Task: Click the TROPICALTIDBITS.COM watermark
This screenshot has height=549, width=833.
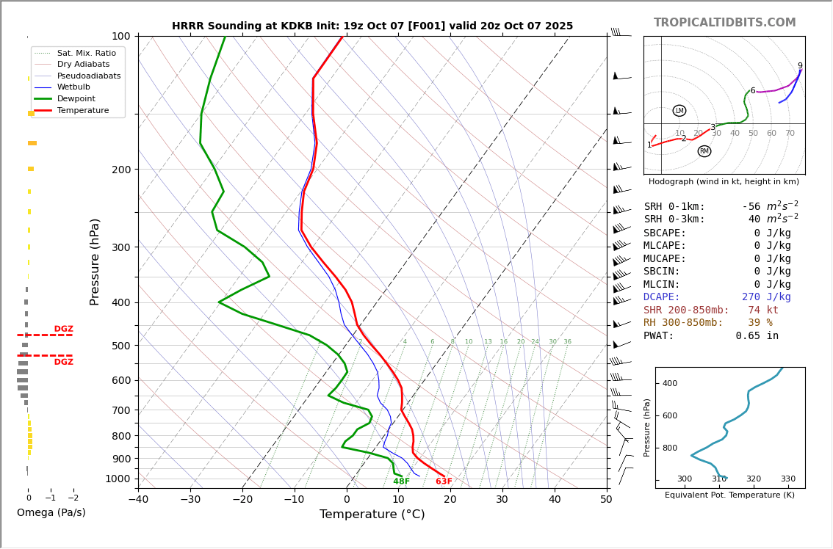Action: click(x=724, y=23)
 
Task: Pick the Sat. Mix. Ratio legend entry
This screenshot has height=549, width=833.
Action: click(x=86, y=53)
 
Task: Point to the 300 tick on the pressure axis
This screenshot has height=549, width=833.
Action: click(x=120, y=247)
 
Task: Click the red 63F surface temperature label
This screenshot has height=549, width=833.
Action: click(x=444, y=481)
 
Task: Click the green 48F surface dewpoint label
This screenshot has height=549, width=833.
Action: click(x=401, y=481)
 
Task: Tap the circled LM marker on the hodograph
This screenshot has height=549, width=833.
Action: click(x=679, y=111)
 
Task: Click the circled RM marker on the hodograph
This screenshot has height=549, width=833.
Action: click(x=704, y=151)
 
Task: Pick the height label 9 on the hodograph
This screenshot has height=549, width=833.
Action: click(x=800, y=66)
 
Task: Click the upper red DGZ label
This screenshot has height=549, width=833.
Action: click(x=63, y=330)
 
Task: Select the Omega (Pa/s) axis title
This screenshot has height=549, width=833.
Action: click(x=51, y=512)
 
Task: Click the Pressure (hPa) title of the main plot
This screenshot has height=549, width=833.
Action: click(x=95, y=261)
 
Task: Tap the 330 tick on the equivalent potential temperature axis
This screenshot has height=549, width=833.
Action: click(x=787, y=479)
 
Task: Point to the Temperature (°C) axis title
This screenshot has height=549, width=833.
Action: click(x=372, y=515)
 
